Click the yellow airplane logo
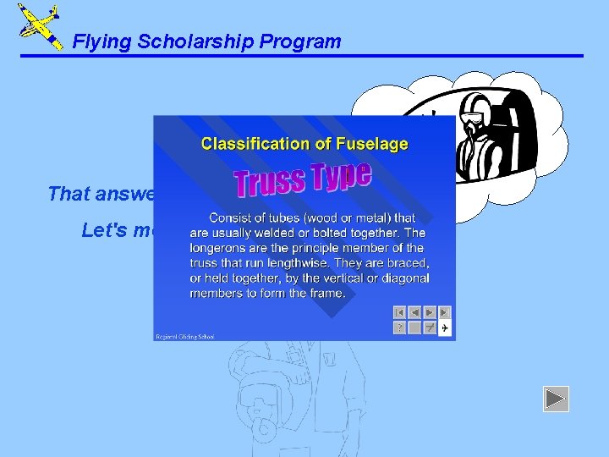click(39, 25)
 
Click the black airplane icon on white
click(444, 328)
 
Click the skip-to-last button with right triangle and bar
click(444, 312)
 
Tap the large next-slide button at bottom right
click(556, 399)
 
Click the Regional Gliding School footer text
click(185, 336)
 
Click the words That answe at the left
click(100, 194)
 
